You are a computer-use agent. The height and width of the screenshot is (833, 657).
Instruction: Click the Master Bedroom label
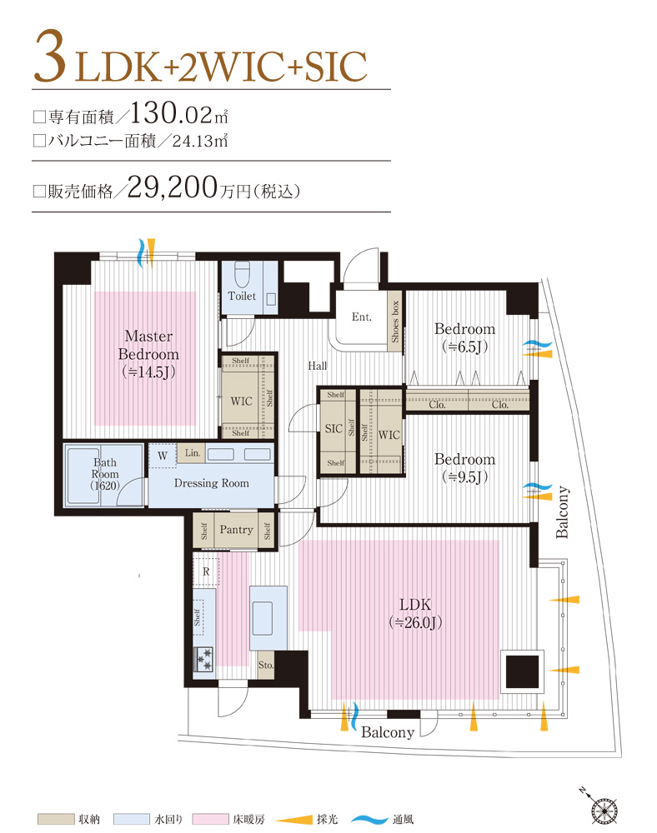tap(148, 353)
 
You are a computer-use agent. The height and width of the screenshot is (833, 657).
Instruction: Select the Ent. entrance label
tap(361, 317)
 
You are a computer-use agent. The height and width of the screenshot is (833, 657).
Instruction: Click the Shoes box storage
tap(394, 321)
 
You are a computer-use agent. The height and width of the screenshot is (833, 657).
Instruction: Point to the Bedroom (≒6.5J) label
tap(464, 337)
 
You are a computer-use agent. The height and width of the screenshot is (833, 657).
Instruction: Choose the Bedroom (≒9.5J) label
tap(464, 467)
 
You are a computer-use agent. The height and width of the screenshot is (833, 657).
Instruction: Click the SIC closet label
tap(334, 429)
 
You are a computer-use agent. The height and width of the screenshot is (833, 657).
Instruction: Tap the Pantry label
tap(236, 530)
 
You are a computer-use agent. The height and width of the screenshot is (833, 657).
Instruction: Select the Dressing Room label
tap(211, 483)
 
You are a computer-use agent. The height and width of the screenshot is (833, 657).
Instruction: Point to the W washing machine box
tap(162, 455)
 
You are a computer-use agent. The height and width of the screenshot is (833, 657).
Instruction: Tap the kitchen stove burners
tap(204, 658)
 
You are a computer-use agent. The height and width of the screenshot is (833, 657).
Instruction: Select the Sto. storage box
tap(265, 666)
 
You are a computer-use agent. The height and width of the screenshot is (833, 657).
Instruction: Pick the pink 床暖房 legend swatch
tap(211, 820)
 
